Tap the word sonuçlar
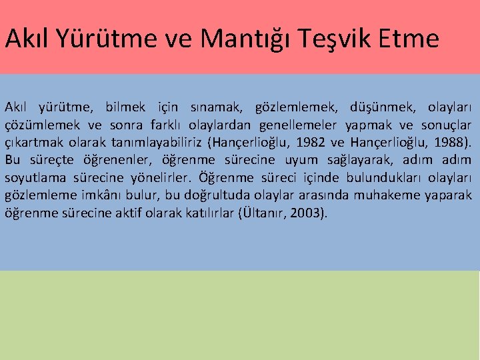coord(447,125)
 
